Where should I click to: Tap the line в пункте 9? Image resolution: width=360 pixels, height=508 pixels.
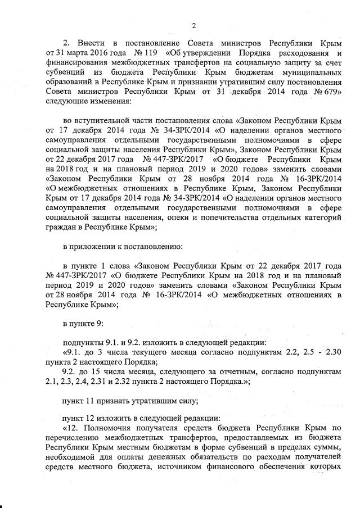pos(82,324)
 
